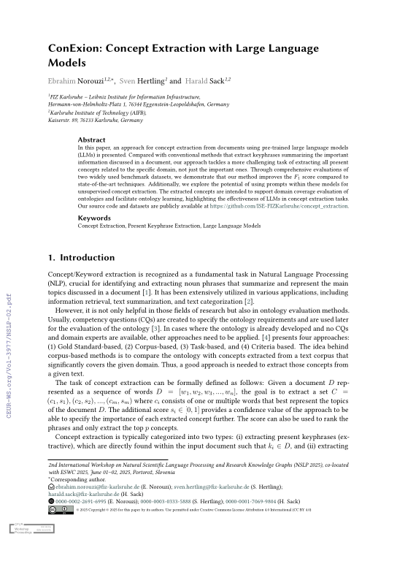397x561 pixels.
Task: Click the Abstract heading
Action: tap(91, 139)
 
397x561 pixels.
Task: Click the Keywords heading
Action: tap(94, 218)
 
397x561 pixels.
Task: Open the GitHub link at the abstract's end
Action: tap(280, 206)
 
